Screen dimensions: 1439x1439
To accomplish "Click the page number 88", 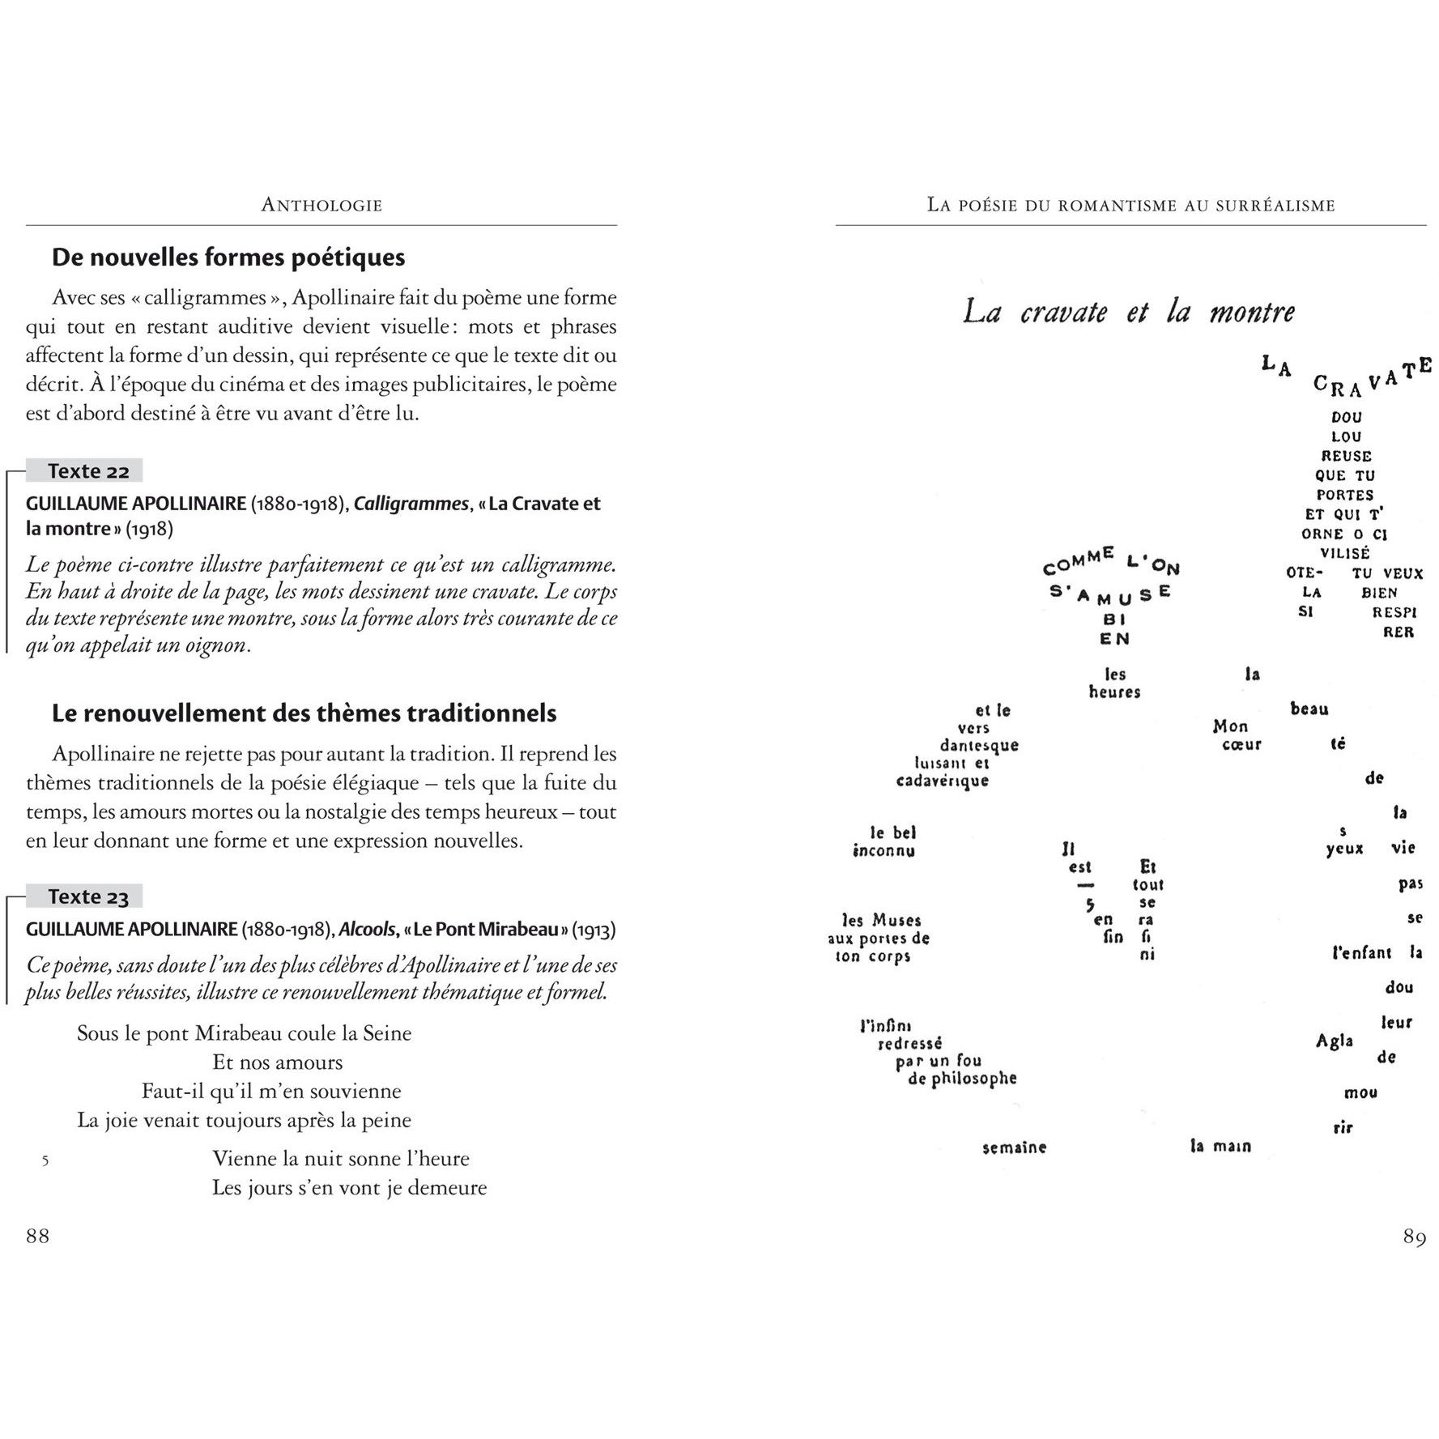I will click(38, 1236).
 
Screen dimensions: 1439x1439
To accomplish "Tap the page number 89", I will click(1414, 1237).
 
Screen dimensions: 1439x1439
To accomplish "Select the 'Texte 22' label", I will click(87, 471).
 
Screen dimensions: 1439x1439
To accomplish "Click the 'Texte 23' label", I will click(87, 896).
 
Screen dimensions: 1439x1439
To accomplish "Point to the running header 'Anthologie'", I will click(321, 206).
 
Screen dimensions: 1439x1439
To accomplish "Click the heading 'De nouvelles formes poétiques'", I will click(228, 258).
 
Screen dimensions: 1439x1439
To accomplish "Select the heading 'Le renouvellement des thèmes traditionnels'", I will click(304, 713).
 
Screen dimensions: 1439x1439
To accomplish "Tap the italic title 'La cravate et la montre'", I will click(1129, 312).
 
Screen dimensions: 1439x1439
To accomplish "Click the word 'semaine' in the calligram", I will click(1014, 1147).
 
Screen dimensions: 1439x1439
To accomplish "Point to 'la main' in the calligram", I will click(1220, 1147).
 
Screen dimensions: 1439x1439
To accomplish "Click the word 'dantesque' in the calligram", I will click(978, 745).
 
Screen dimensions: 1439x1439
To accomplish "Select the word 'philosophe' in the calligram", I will click(973, 1079).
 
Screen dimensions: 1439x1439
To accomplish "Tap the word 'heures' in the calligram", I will click(1114, 692).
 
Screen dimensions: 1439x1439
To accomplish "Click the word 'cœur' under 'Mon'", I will click(1241, 744).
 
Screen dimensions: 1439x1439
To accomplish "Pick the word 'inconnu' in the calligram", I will click(883, 850).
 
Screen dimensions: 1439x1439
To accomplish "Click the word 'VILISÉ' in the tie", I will click(1345, 554).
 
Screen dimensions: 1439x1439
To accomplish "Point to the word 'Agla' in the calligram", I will click(1335, 1041).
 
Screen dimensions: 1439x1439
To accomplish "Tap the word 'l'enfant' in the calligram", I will click(1361, 953).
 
